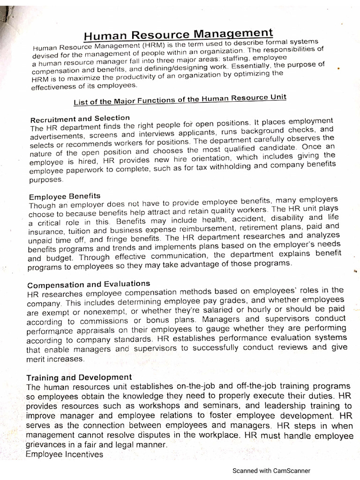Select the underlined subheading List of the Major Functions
180,99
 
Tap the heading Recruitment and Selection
80,118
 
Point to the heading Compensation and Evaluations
89,284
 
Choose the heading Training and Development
79,377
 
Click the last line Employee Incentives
64,454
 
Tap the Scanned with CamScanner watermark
272,471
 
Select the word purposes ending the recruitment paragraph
45,180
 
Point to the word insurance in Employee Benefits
45,232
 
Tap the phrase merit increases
56,359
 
